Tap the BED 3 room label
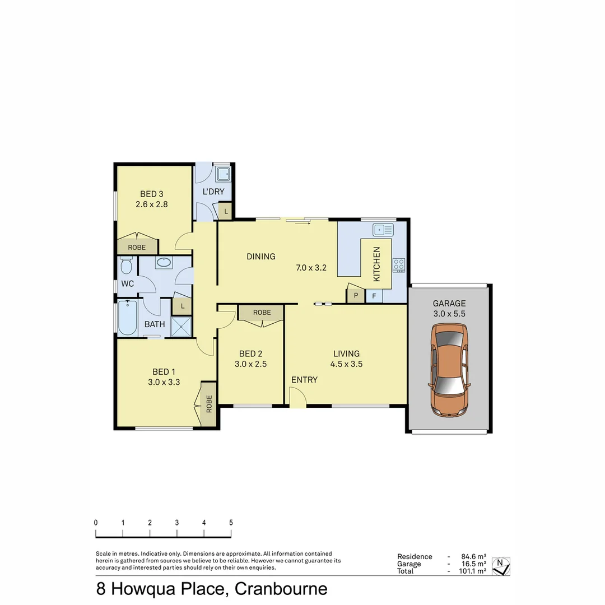coord(151,194)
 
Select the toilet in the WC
coord(126,265)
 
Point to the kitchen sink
coord(383,229)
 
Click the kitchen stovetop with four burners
coord(399,264)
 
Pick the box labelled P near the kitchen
coord(356,295)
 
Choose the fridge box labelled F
coord(374,295)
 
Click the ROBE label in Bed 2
coord(262,313)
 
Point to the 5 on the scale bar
coord(231,522)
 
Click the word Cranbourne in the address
coord(281,589)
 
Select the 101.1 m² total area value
coord(471,571)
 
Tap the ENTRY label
coord(304,380)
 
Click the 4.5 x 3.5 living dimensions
coord(347,364)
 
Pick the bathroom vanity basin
coord(164,263)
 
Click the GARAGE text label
coord(449,304)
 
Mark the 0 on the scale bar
coord(96,522)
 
